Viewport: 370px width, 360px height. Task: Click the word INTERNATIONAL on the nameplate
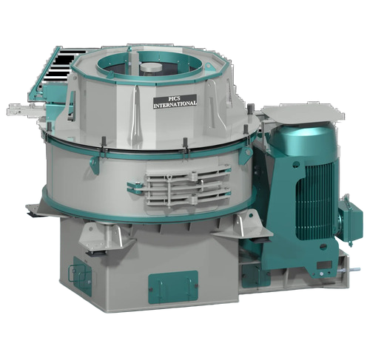pos(175,105)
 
